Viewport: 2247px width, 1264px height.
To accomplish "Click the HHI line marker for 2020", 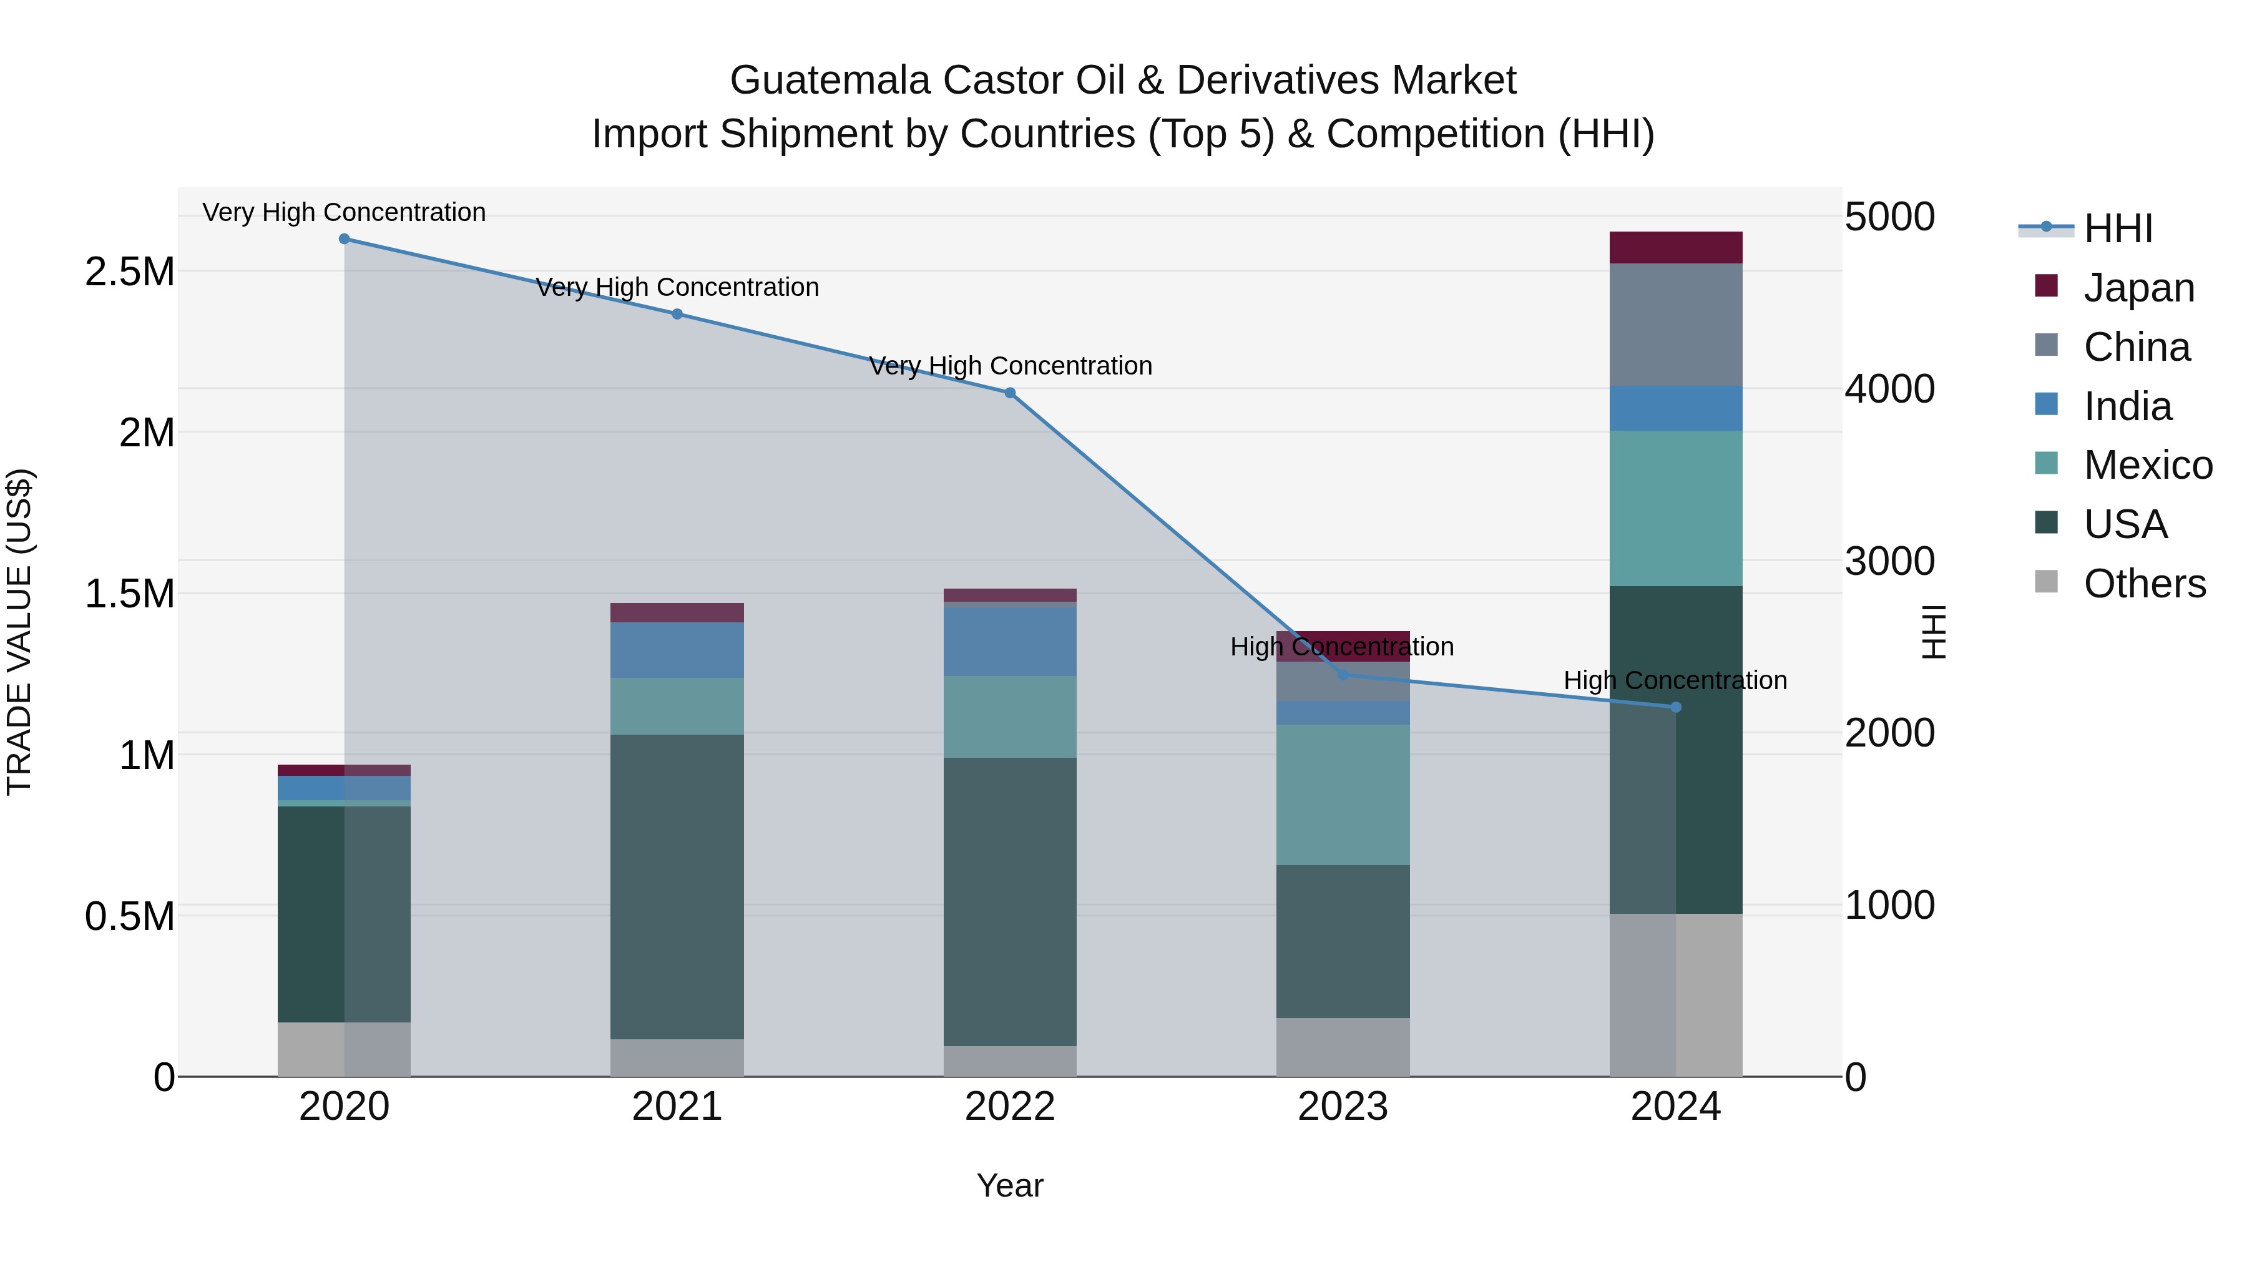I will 344,239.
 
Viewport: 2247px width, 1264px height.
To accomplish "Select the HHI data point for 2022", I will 1010,393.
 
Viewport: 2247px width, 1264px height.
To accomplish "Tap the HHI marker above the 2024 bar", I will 1676,707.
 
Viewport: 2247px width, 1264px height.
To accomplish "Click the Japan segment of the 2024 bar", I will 1676,248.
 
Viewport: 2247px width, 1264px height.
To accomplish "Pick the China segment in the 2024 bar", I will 1676,325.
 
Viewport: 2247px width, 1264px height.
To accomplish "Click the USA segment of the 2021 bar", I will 677,886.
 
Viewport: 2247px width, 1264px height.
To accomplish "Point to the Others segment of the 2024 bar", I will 1676,994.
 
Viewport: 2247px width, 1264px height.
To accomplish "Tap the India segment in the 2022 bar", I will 1010,641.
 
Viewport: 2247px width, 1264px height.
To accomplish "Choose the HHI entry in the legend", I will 2117,228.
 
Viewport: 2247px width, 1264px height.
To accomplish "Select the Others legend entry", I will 2143,584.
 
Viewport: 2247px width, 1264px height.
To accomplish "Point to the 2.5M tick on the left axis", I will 130,272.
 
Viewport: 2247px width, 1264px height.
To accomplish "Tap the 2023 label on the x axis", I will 1343,1107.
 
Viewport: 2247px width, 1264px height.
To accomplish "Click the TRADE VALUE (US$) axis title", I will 19,632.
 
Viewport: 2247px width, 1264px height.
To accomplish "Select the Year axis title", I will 1009,1185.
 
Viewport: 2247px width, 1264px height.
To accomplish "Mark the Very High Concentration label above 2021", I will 677,287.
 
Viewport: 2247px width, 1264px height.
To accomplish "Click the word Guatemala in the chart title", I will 830,81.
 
